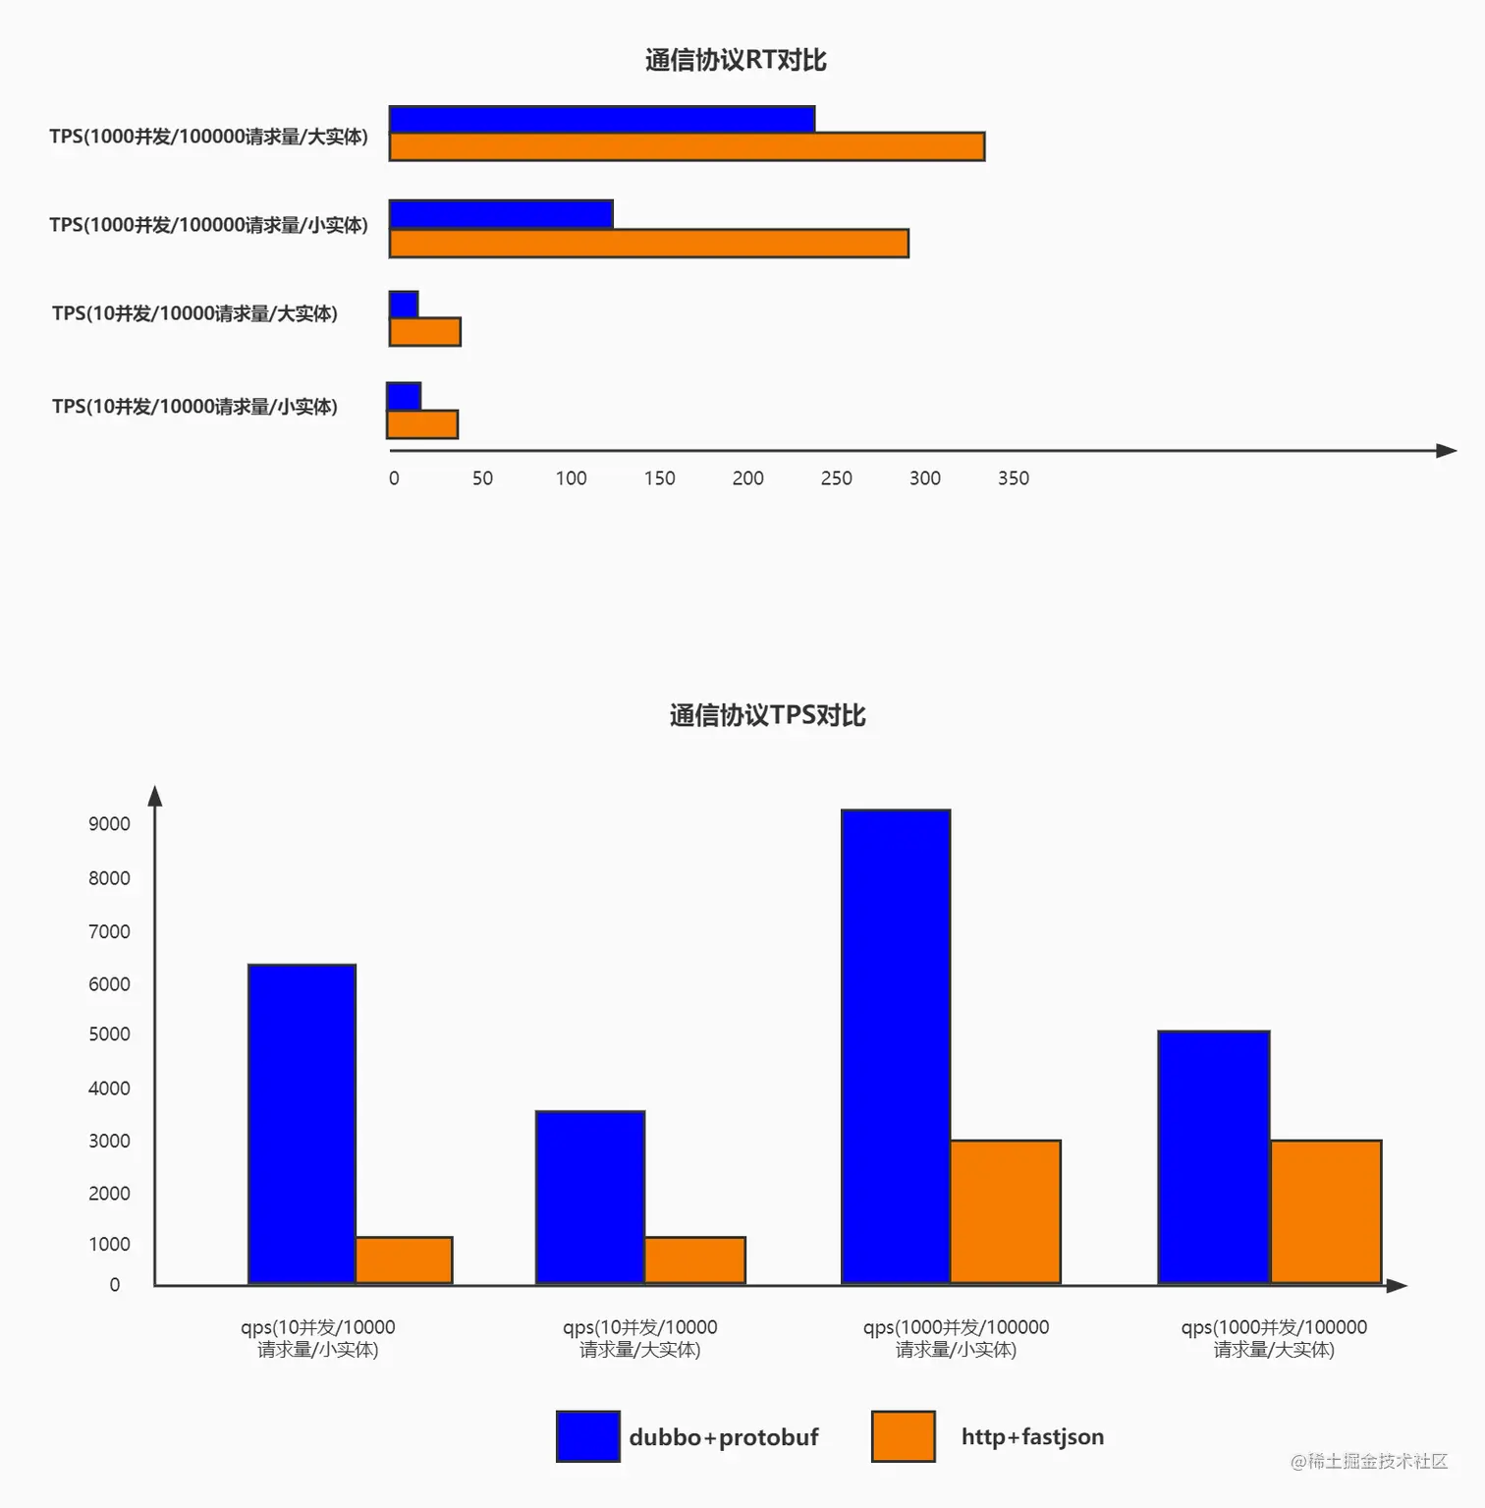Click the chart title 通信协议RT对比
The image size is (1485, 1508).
point(736,60)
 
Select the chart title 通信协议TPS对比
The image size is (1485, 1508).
point(767,715)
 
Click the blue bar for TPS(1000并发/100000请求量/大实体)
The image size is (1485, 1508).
point(602,119)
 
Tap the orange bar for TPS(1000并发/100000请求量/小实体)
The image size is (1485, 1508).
point(649,244)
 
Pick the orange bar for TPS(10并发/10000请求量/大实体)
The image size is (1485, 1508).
point(425,332)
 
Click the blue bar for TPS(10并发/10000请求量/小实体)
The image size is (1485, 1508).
point(404,397)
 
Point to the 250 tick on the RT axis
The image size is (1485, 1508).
point(836,478)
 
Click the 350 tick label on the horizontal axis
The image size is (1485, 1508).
point(1013,478)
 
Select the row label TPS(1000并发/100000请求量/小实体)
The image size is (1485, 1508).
point(208,225)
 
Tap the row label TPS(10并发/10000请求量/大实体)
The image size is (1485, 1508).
point(194,313)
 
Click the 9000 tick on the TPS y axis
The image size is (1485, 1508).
point(109,824)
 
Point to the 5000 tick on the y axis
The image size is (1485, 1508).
point(109,1034)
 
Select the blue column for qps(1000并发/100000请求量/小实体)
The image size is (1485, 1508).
point(896,1046)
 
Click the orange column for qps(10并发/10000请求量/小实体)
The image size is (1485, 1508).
point(404,1260)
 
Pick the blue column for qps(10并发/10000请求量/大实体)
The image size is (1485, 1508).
point(590,1197)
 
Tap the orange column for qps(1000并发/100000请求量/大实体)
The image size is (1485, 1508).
point(1326,1211)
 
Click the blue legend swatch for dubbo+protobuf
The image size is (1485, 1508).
point(587,1436)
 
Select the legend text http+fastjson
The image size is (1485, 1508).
point(1032,1436)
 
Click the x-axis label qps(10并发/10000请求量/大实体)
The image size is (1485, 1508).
point(639,1338)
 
